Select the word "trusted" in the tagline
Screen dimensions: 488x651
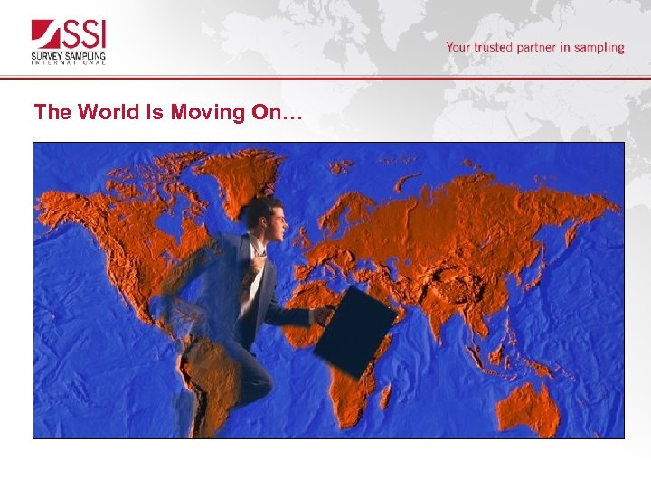[494, 47]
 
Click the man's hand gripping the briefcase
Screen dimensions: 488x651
[323, 314]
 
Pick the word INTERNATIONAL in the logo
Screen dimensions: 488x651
[69, 62]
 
